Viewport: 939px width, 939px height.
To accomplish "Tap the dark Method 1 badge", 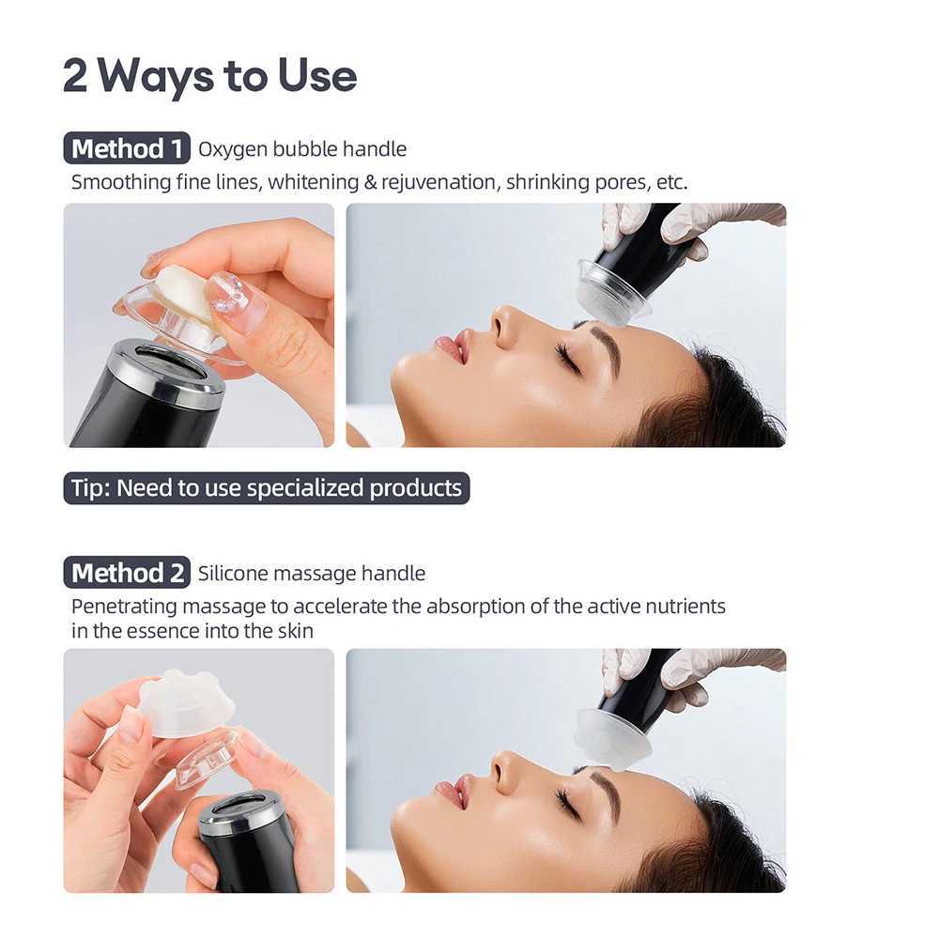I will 127,149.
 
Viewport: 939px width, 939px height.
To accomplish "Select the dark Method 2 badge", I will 127,573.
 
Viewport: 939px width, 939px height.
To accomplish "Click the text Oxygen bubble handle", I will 302,149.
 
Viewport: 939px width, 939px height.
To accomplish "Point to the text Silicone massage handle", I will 312,573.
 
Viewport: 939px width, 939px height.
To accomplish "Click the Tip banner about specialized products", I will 267,488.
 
